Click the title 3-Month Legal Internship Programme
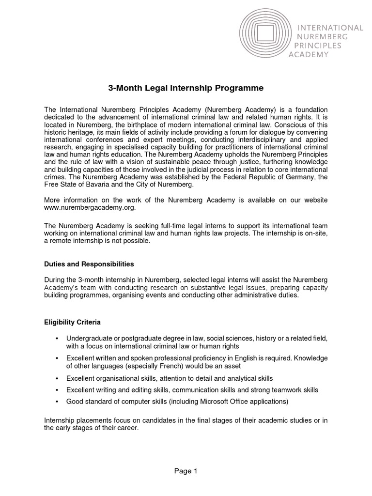tap(186, 88)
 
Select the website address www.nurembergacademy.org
tap(90, 208)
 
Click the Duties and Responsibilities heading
tap(89, 264)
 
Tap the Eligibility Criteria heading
tap(72, 322)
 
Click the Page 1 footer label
tap(186, 470)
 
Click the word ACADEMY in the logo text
tap(309, 54)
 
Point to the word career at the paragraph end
tap(128, 428)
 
